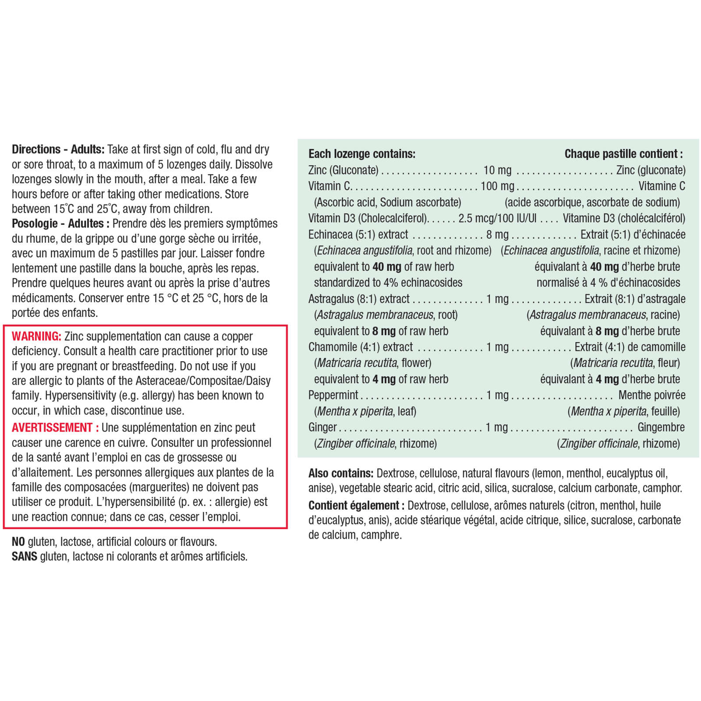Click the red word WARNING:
pos(36,336)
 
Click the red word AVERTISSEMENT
pos(52,427)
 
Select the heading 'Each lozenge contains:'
pos(362,154)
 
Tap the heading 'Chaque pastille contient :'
pos(623,154)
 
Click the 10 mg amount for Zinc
pos(497,170)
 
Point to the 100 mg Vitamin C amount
pos(497,186)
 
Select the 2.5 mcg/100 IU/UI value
pos(497,218)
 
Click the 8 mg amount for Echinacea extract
pos(497,234)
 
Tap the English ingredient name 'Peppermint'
pos(333,395)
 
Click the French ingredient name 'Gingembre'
pos(661,427)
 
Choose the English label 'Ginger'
pos(322,427)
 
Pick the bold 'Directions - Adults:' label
pos(58,149)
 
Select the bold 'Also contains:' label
pos(341,473)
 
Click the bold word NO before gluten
pos(18,542)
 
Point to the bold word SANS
pos(25,556)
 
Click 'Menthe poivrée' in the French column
pos(651,395)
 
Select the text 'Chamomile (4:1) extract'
pos(361,347)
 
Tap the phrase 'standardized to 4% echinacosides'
pos(388,283)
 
